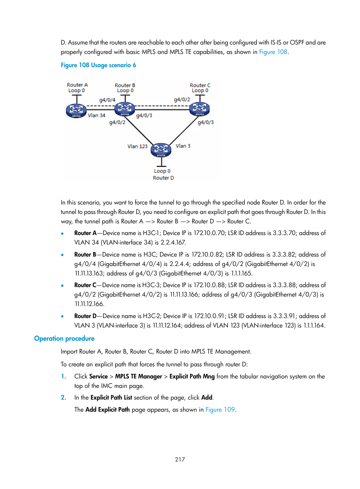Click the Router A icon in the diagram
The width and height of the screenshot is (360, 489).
pos(76,110)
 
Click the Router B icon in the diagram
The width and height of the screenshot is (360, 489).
pos(125,109)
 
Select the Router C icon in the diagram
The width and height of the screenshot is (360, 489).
pos(199,109)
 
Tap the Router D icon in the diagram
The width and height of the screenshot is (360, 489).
pos(161,150)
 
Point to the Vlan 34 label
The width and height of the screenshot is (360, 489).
pos(97,115)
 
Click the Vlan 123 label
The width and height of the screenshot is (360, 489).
pos(137,146)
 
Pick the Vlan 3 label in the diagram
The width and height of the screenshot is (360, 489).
pos(183,146)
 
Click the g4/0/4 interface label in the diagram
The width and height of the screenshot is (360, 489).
pos(107,100)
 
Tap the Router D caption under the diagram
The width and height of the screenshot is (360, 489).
pos(163,178)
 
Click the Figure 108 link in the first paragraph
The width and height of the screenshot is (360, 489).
pos(273,52)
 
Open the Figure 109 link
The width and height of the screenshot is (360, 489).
pos(220,410)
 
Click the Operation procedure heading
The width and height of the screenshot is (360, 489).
pos(64,338)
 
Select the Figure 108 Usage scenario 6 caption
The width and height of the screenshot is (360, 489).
pos(98,65)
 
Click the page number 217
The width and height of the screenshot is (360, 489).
pos(180,460)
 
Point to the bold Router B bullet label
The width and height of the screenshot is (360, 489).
pos(85,255)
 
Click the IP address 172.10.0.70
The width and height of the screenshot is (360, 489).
pos(209,233)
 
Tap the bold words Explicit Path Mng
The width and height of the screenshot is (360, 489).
pos(192,377)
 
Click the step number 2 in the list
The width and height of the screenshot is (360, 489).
pos(63,398)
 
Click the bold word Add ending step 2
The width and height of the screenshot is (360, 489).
pos(206,398)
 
